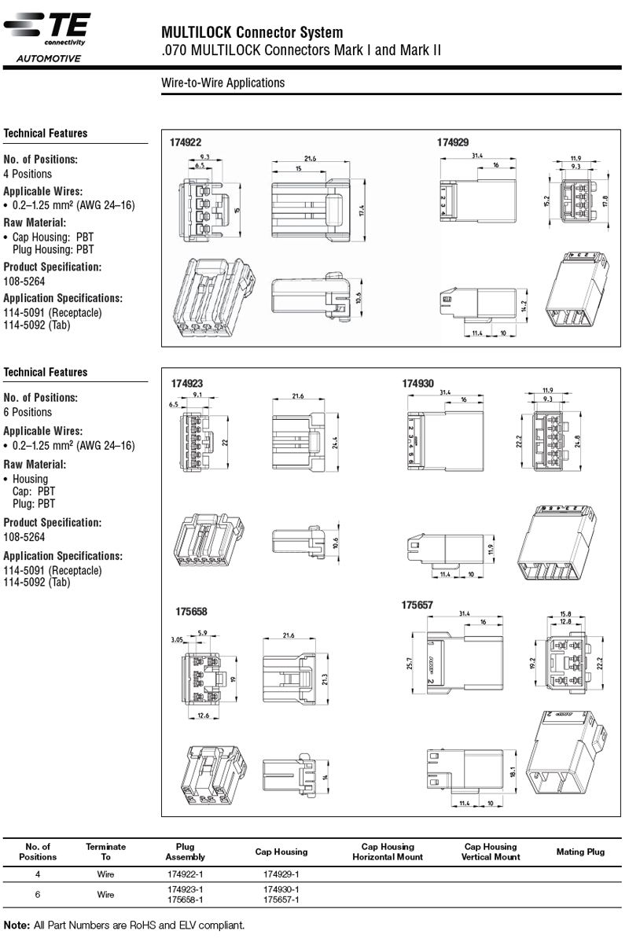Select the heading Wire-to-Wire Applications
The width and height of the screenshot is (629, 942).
coord(223,83)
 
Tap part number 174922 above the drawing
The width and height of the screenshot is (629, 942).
coord(186,142)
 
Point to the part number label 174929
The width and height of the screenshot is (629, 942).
coord(453,142)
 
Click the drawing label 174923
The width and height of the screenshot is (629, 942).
coord(187,383)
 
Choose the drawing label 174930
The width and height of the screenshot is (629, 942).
coord(417,383)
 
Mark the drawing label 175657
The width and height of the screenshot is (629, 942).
coord(417,605)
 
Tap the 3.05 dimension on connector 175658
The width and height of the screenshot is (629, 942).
coord(177,640)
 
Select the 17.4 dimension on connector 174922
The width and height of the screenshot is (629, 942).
coord(362,211)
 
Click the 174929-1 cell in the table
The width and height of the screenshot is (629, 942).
coord(281,874)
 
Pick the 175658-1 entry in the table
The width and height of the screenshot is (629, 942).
coord(186,900)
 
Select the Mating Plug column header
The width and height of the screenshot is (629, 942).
coord(580,852)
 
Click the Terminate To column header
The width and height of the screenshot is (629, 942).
coord(105,852)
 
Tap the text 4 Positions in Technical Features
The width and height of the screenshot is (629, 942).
coord(28,174)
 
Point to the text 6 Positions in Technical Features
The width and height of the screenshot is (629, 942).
coord(28,412)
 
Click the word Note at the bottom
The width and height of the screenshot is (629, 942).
coord(16,925)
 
